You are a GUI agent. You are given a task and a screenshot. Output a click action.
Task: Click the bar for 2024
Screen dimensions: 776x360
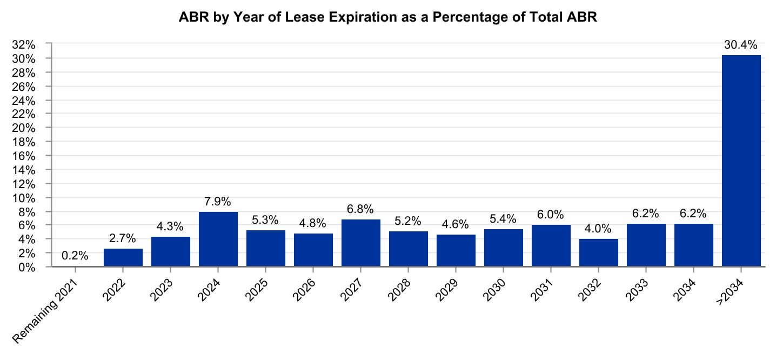218,239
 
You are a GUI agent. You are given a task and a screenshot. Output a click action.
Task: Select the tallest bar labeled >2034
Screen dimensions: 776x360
741,161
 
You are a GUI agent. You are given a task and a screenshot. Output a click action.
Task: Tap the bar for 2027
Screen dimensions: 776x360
361,243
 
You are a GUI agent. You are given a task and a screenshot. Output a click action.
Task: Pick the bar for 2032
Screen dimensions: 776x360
599,252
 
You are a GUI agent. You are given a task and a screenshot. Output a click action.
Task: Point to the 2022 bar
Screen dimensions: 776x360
123,257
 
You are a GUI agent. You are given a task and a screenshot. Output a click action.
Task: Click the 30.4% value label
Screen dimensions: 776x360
741,45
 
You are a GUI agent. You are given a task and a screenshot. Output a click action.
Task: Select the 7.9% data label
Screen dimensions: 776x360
218,201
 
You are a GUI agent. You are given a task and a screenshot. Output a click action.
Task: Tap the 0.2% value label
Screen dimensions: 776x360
75,256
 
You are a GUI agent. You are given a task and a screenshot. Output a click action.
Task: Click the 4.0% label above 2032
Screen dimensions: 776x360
598,229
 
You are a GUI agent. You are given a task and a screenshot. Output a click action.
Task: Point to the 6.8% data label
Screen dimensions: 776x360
360,209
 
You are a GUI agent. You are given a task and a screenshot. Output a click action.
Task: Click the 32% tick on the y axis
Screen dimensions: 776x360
24,45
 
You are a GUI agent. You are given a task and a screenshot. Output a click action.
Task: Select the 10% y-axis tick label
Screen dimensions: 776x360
24,198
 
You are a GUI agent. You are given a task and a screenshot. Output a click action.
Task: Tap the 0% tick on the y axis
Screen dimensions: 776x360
26,268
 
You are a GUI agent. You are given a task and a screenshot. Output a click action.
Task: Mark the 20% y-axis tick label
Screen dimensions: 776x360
24,128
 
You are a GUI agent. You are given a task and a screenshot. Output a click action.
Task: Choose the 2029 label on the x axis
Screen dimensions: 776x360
447,290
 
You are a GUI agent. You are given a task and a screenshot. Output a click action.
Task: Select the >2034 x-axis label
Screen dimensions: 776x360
730,292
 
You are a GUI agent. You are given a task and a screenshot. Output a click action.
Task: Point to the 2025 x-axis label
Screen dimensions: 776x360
257,290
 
